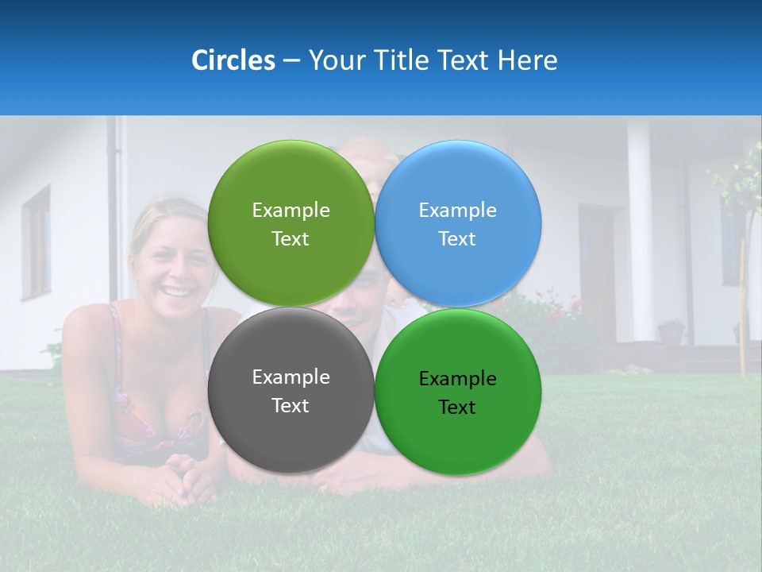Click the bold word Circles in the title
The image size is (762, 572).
pyautogui.click(x=233, y=60)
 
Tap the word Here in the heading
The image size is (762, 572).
pyautogui.click(x=527, y=60)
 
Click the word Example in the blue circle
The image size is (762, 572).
pyautogui.click(x=457, y=211)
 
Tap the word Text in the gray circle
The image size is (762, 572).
pyautogui.click(x=291, y=406)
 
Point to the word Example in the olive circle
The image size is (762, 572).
pyautogui.click(x=291, y=211)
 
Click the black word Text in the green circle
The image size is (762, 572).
pyautogui.click(x=457, y=408)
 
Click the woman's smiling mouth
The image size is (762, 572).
pyautogui.click(x=178, y=292)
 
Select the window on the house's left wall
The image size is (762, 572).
pyautogui.click(x=36, y=242)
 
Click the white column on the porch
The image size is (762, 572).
pyautogui.click(x=639, y=230)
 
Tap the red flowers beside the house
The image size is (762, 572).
pyautogui.click(x=556, y=314)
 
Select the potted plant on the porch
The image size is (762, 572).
pyautogui.click(x=672, y=331)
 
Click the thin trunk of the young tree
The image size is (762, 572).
pyautogui.click(x=744, y=302)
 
